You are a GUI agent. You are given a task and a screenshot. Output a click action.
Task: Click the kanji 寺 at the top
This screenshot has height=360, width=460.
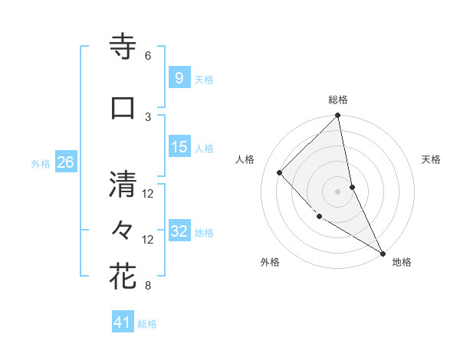tap(123, 47)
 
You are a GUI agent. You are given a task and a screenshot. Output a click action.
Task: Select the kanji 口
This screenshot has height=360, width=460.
tap(123, 107)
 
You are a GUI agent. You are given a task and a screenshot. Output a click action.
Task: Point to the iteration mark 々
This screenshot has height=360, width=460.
tap(123, 231)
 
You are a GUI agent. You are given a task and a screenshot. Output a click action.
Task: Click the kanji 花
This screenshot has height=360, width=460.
tap(123, 277)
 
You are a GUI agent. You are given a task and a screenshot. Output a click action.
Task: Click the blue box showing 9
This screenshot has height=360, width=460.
tap(179, 77)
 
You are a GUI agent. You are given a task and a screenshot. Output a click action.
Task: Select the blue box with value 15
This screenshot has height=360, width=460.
tap(179, 147)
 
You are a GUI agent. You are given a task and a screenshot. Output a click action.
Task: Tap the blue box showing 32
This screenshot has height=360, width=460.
tap(179, 231)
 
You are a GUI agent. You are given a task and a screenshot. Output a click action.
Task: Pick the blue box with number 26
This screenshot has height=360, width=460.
tap(65, 162)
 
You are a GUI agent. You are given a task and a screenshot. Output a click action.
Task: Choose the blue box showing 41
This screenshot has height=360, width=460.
tap(123, 322)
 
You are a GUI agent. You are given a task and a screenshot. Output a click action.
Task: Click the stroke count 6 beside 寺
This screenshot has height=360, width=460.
tap(148, 56)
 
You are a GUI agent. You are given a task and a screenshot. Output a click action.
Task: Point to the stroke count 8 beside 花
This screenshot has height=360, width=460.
tap(148, 286)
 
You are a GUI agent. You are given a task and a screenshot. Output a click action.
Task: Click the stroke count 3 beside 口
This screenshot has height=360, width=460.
tap(148, 116)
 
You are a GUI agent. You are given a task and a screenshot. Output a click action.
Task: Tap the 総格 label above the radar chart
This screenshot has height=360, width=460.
tap(338, 100)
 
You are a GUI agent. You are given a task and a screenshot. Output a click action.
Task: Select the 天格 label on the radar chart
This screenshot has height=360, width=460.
tap(431, 159)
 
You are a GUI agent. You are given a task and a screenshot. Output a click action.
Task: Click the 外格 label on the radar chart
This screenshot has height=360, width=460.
tap(270, 262)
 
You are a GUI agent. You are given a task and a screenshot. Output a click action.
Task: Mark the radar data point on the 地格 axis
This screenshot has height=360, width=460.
tap(382, 252)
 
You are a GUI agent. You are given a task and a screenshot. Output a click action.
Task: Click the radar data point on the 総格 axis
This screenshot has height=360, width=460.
tap(338, 116)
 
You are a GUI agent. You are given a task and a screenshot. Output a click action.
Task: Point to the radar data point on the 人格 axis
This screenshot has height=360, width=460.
tap(280, 172)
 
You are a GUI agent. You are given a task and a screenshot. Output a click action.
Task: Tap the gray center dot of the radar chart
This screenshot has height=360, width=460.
tap(338, 191)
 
